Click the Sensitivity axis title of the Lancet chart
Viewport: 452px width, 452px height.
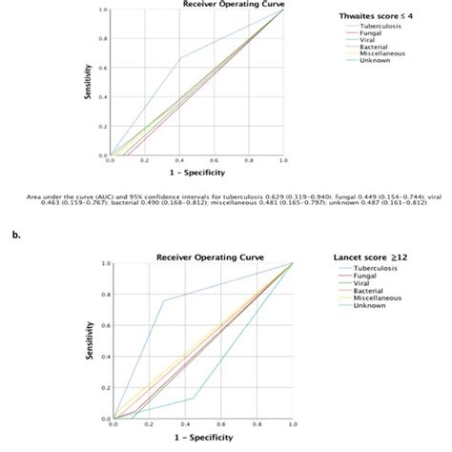click(93, 340)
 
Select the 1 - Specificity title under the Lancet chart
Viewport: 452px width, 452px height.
click(202, 438)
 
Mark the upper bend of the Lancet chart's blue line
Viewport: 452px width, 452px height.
click(164, 300)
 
